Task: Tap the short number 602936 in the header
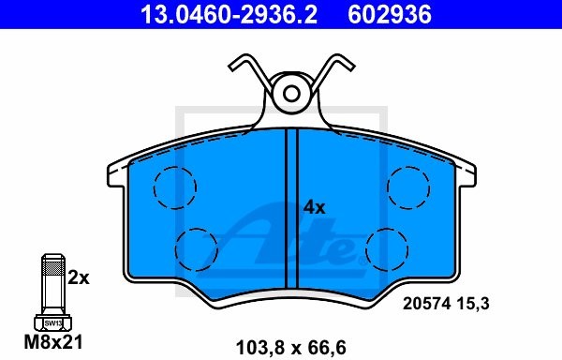[392, 16]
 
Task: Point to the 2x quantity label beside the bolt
[78, 277]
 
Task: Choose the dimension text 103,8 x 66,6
[289, 348]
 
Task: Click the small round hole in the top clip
[291, 93]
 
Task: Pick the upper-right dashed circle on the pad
[408, 187]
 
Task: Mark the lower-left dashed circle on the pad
[196, 248]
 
